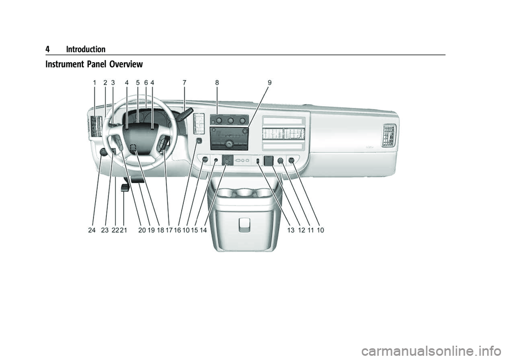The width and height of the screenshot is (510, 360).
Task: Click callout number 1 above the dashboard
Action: pyautogui.click(x=95, y=83)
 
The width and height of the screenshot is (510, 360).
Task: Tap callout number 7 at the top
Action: pyautogui.click(x=184, y=83)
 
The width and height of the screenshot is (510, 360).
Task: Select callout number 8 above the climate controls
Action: pyautogui.click(x=217, y=83)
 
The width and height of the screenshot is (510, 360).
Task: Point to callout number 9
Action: pyautogui.click(x=270, y=83)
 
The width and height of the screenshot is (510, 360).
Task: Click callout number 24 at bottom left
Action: pyautogui.click(x=92, y=230)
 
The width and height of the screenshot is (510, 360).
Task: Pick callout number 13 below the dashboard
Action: pyautogui.click(x=291, y=230)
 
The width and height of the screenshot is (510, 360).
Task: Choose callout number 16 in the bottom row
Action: pyautogui.click(x=177, y=230)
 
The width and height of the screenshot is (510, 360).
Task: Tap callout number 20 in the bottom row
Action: pyautogui.click(x=142, y=230)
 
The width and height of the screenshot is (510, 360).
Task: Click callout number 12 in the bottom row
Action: pyautogui.click(x=302, y=230)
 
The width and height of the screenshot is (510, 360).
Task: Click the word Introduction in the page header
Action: pyautogui.click(x=86, y=49)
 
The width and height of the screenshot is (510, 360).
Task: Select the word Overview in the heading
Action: pyautogui.click(x=126, y=64)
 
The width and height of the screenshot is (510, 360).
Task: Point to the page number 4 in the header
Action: pyautogui.click(x=47, y=49)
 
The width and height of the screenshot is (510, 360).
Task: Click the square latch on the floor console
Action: pyautogui.click(x=244, y=225)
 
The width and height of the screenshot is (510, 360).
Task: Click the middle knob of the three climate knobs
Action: pyautogui.click(x=231, y=121)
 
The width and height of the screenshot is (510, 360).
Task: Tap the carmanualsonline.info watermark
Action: pyautogui.click(x=435, y=351)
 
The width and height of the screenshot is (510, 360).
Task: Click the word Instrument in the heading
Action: pyautogui.click(x=65, y=64)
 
